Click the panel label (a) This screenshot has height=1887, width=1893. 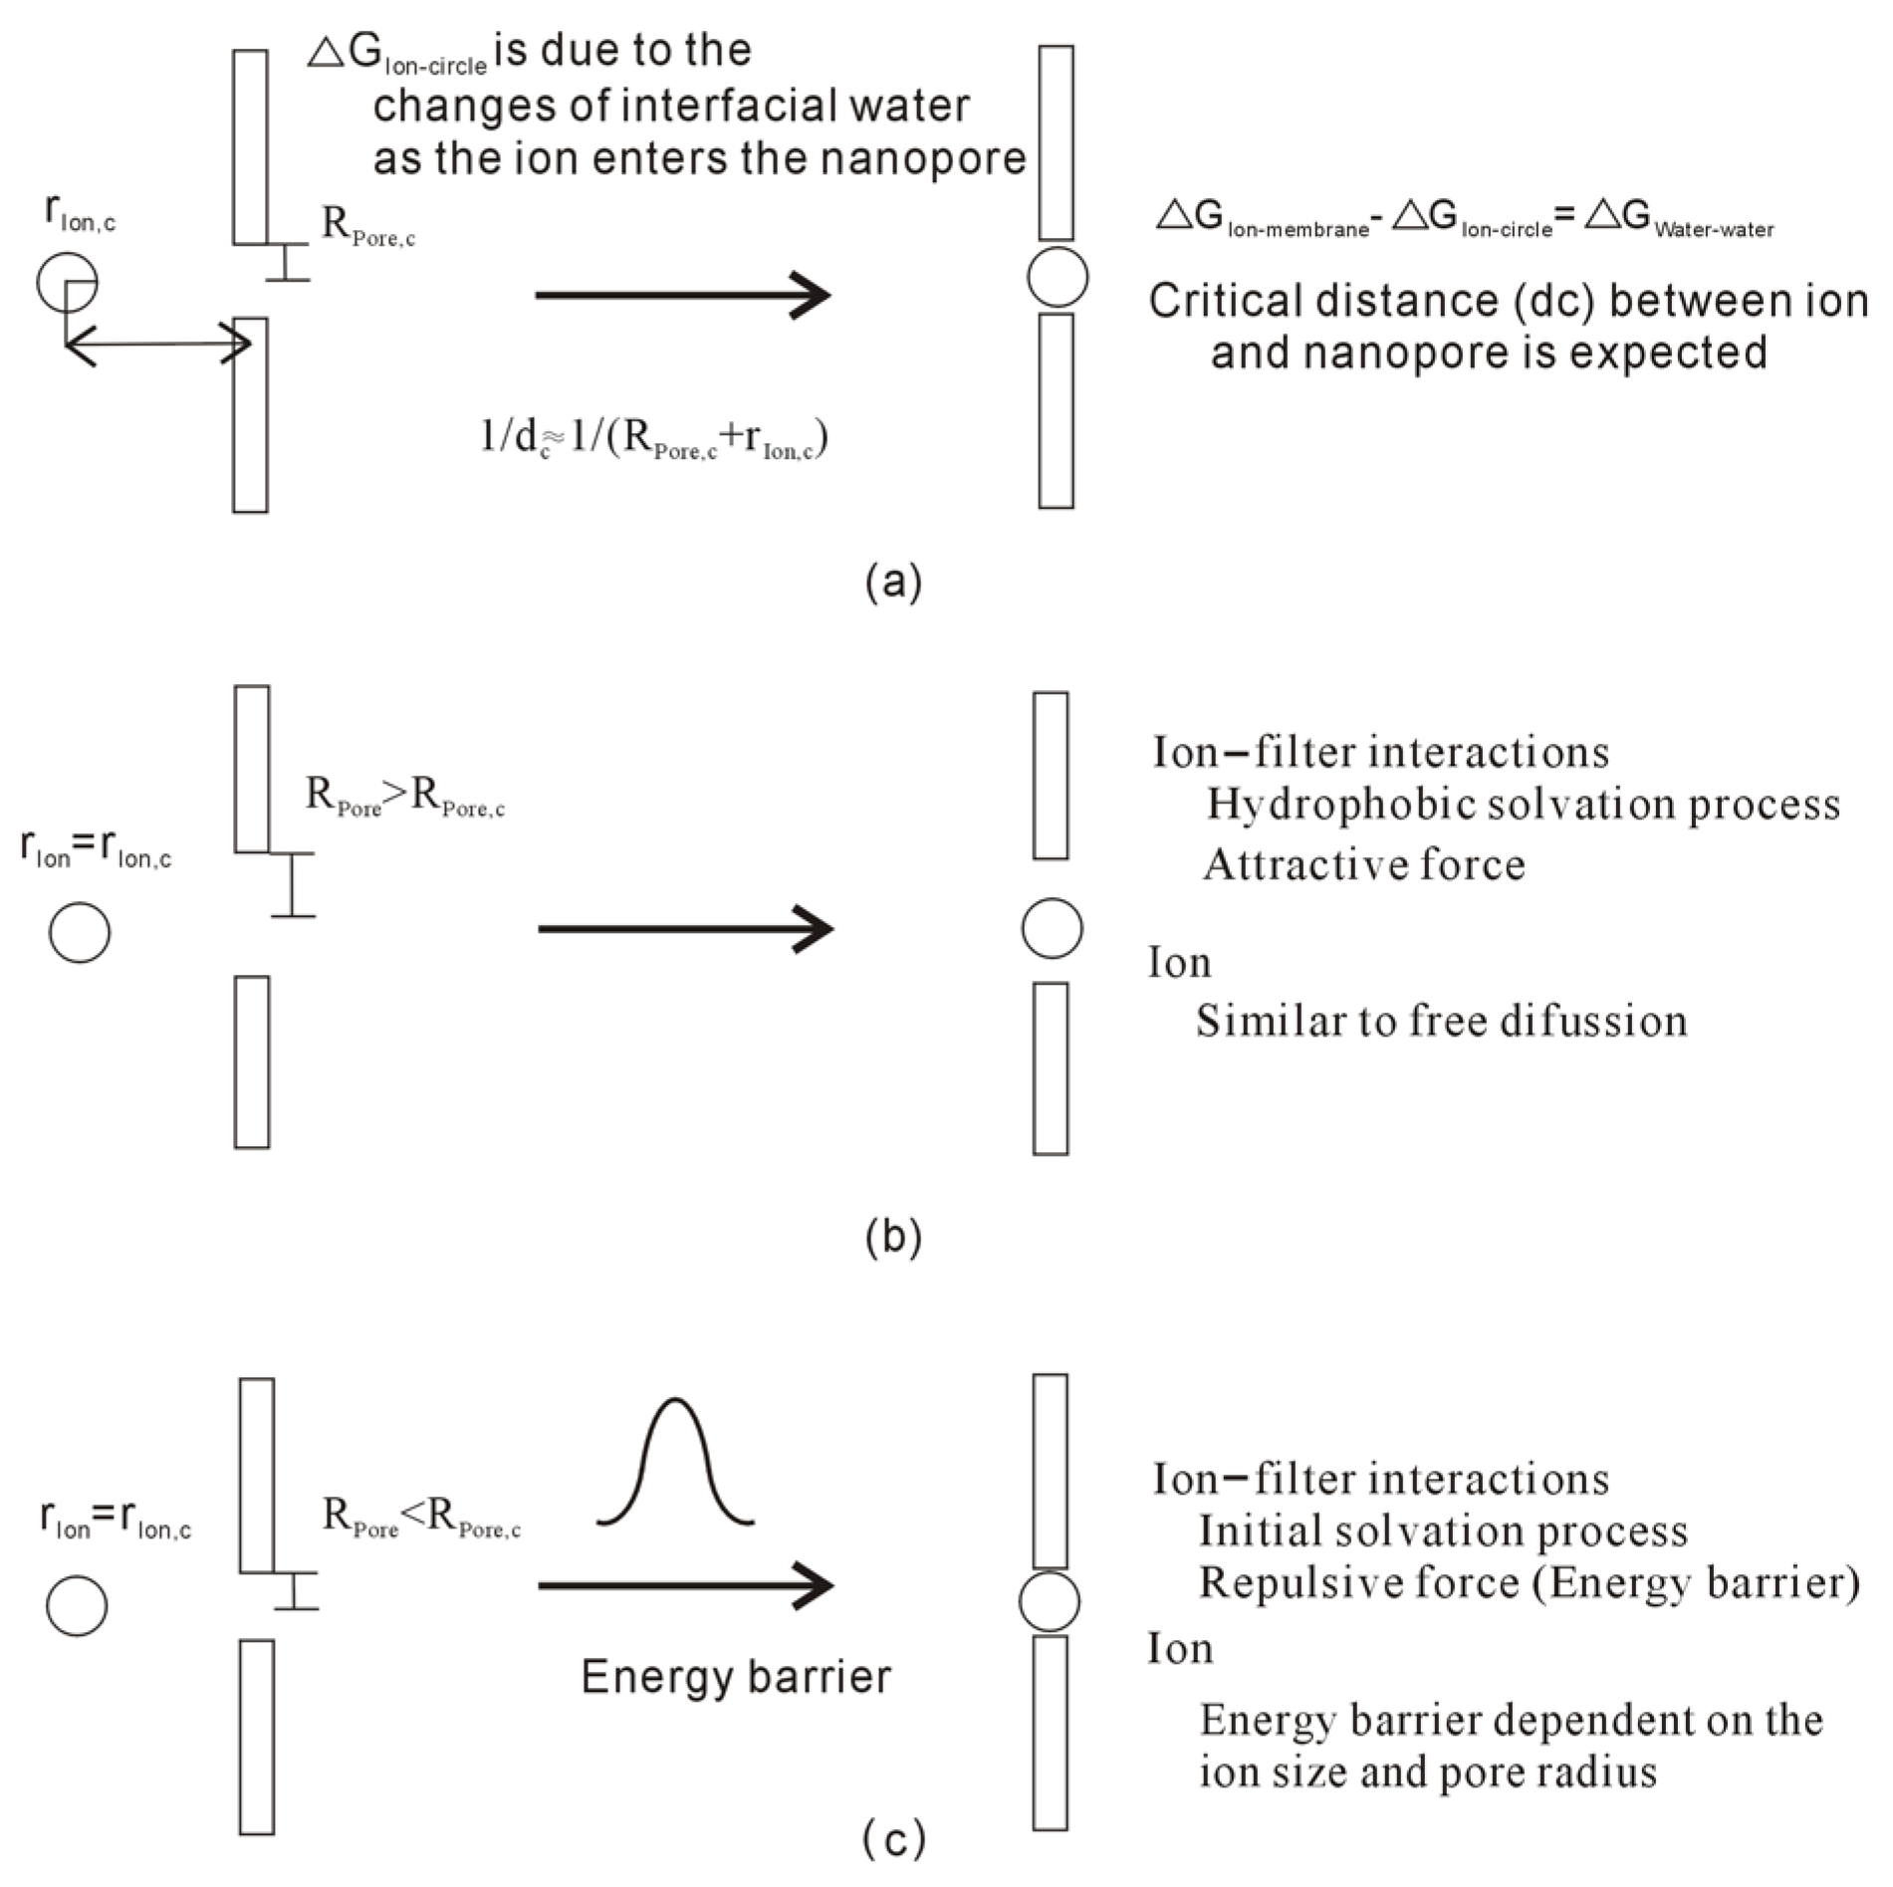(893, 581)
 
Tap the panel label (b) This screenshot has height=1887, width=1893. (893, 1236)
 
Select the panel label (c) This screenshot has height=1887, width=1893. (893, 1838)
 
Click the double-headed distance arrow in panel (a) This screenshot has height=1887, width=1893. (157, 345)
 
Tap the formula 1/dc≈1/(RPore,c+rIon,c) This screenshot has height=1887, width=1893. (654, 438)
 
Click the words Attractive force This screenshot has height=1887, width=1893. (1363, 864)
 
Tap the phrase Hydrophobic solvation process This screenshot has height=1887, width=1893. (1523, 805)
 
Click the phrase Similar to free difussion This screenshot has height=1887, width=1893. (1441, 1022)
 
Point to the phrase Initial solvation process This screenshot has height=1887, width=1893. (1443, 1532)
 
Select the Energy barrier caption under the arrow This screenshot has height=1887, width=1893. (736, 1677)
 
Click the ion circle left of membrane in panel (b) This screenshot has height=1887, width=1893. (80, 932)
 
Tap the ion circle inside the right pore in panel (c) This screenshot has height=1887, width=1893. (1050, 1601)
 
